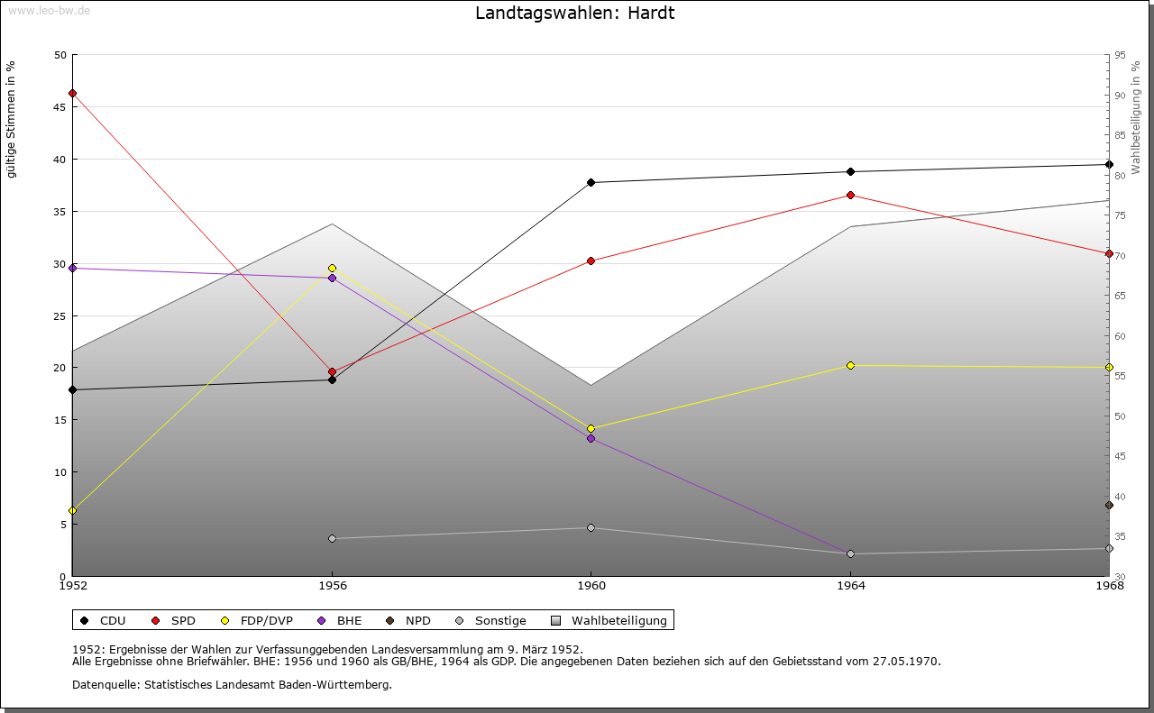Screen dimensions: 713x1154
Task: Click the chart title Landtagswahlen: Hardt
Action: (x=574, y=14)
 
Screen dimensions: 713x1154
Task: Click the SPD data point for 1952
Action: (x=72, y=93)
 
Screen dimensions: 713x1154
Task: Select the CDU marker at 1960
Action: (x=591, y=182)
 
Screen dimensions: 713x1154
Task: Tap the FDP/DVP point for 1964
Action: (x=850, y=365)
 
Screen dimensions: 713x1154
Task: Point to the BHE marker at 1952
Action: (x=72, y=268)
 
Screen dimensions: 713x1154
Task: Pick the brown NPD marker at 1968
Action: (x=1109, y=505)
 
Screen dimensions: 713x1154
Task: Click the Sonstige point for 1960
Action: (x=591, y=527)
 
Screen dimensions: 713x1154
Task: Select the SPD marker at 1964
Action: (x=850, y=195)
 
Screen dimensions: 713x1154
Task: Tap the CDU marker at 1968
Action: (x=1109, y=164)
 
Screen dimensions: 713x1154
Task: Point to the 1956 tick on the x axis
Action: (x=332, y=586)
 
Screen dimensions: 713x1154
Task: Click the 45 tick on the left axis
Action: (x=60, y=107)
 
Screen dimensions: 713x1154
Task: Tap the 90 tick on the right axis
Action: (x=1119, y=96)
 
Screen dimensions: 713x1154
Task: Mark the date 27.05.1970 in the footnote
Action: (x=906, y=662)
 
